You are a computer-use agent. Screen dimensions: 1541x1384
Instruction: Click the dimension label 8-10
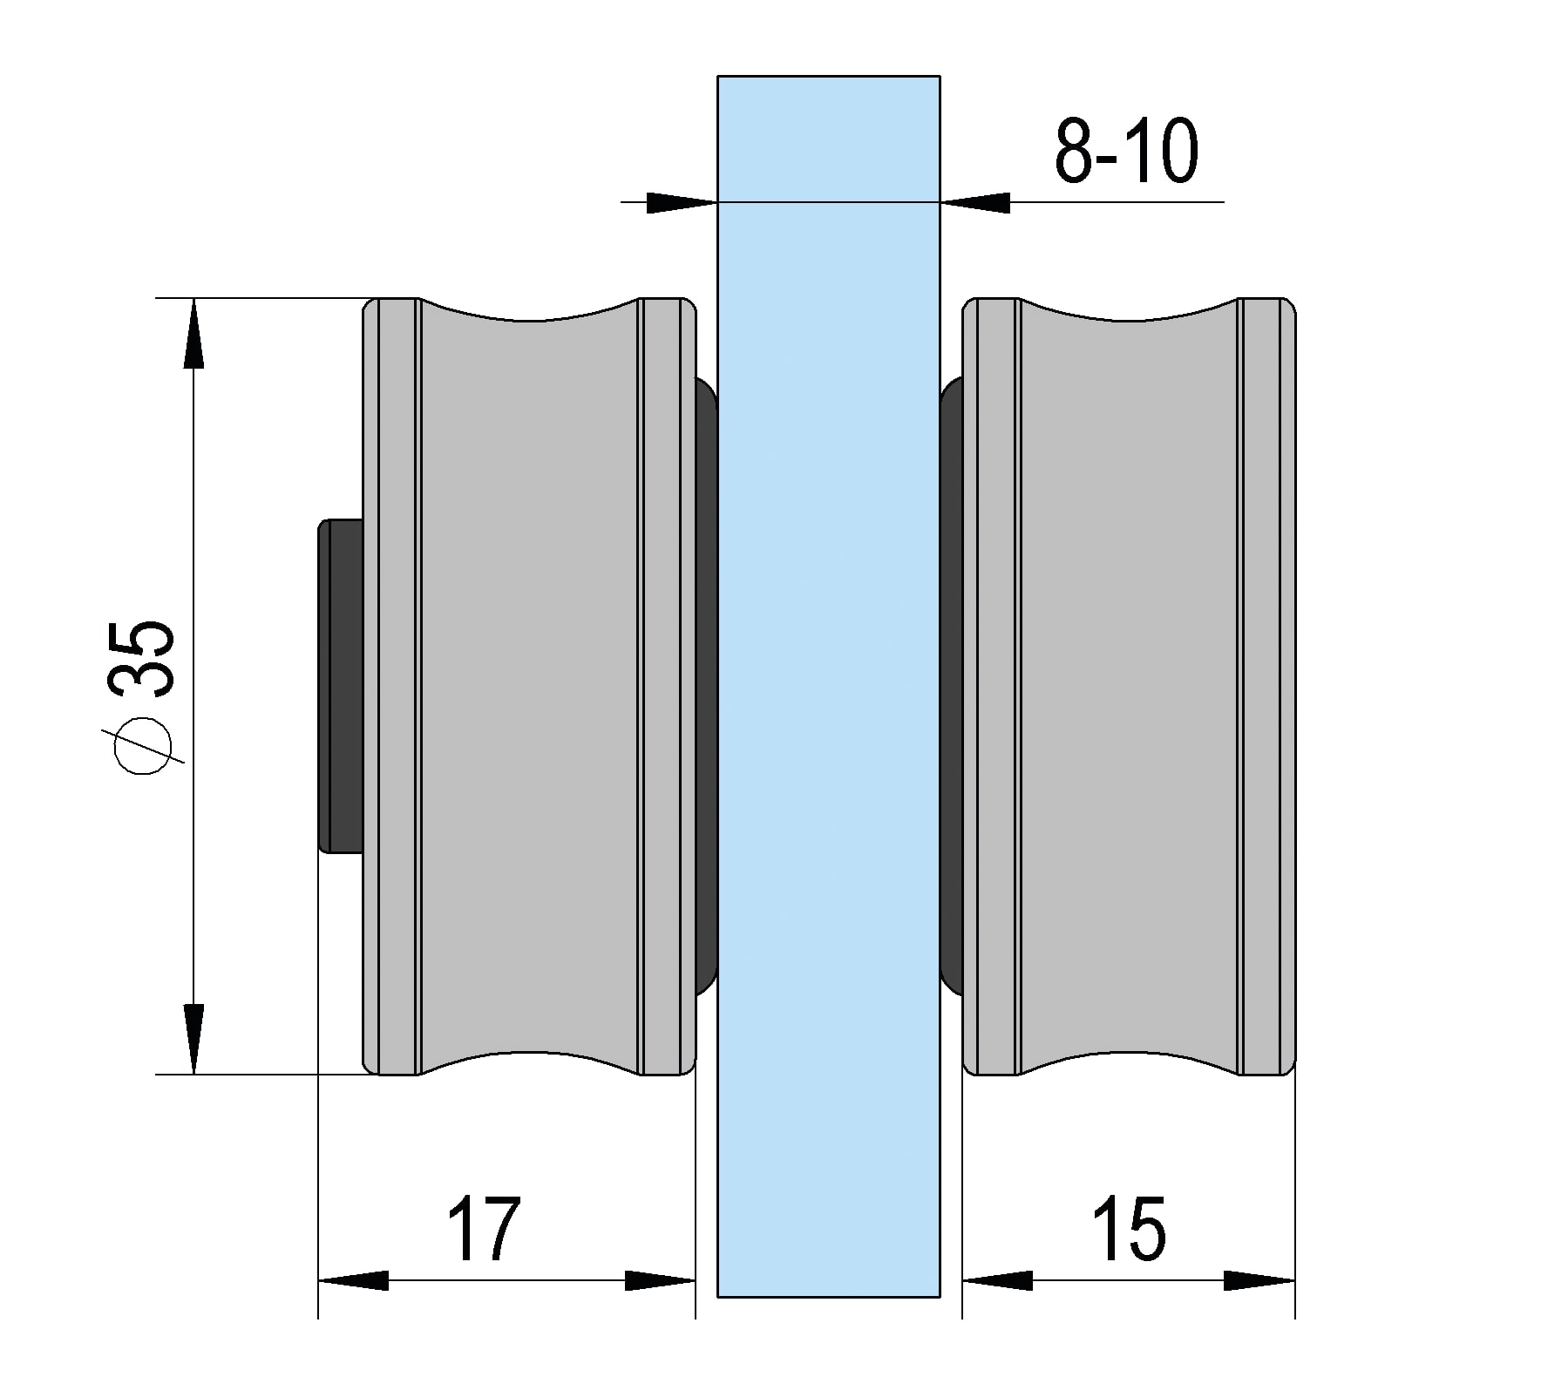[x=1126, y=152]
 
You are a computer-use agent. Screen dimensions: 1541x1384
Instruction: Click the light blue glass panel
[x=829, y=697]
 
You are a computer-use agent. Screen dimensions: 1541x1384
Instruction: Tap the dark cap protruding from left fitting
[x=341, y=685]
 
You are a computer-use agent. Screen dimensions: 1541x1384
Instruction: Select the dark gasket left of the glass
[x=705, y=686]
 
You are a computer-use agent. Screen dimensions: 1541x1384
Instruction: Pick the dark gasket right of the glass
[x=952, y=686]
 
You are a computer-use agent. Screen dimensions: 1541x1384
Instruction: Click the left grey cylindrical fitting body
[x=529, y=687]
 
